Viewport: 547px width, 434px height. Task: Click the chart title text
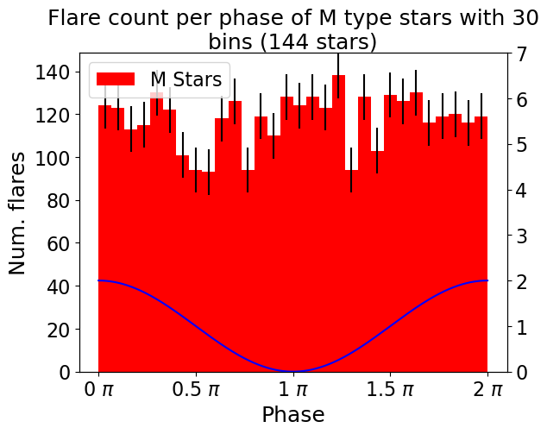293,29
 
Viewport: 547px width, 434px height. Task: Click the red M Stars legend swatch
116,79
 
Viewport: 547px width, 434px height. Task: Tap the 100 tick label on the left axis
53,158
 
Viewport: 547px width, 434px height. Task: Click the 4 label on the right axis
522,191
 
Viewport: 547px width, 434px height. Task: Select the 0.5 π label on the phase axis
196,389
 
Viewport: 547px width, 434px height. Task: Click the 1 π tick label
293,389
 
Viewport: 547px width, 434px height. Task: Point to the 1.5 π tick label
390,389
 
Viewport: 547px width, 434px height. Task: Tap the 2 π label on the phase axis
487,389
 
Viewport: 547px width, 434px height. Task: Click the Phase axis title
293,415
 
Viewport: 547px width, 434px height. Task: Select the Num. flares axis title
16,213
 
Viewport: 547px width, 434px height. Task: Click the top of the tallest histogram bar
338,75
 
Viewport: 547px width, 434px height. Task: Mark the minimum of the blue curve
293,371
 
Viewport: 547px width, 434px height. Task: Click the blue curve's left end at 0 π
98,280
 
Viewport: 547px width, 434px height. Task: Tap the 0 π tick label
98,389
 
